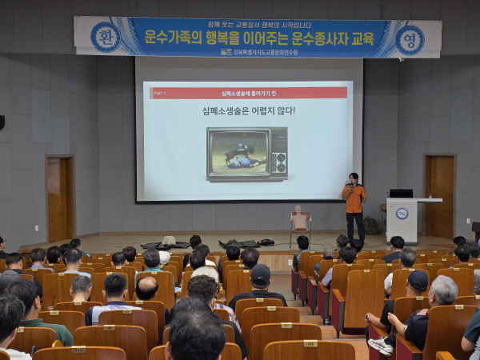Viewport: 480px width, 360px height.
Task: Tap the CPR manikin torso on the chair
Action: coord(300,218)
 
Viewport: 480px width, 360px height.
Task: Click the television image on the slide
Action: coord(247,153)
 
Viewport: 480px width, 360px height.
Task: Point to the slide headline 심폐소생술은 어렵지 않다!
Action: coord(249,110)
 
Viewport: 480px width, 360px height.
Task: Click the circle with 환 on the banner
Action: coord(104,37)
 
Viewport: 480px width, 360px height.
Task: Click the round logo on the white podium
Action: coord(402,214)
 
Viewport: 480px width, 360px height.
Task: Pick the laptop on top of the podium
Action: coord(401,193)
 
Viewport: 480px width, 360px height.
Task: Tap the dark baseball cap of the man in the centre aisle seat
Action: coord(260,274)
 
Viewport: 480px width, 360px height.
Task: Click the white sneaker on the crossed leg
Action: coord(381,346)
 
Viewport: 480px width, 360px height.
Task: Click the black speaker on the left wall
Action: coord(2,122)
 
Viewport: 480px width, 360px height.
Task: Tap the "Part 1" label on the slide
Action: coord(161,93)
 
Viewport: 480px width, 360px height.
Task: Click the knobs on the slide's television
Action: coord(278,153)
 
